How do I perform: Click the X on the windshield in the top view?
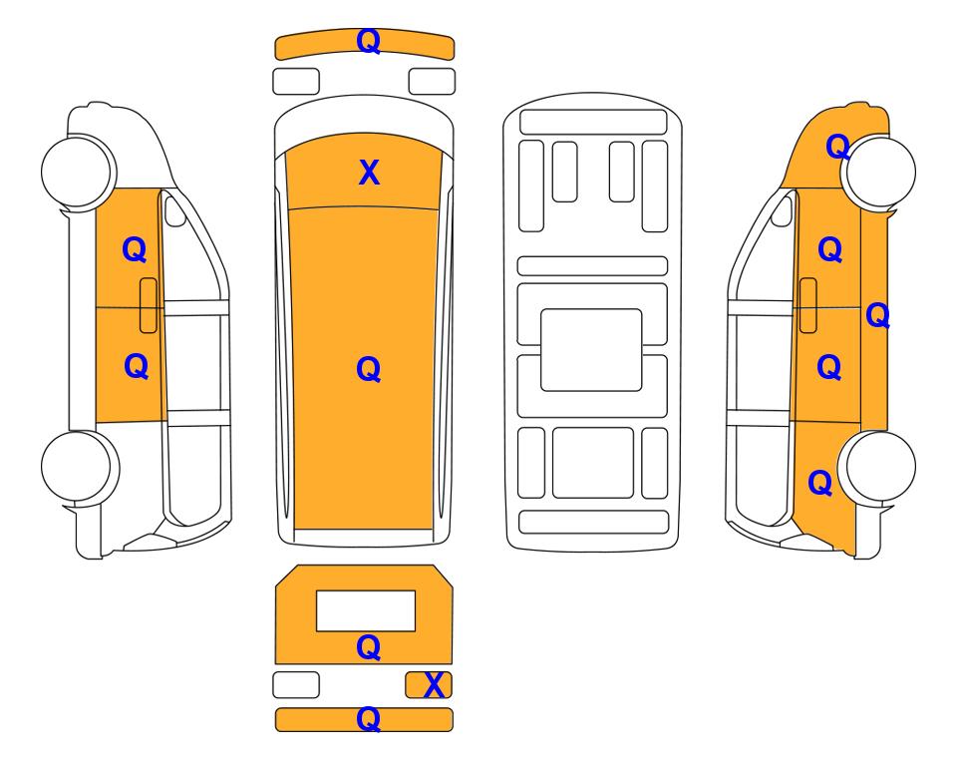coord(369,173)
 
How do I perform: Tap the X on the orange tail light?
coord(434,685)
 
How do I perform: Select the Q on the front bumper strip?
coord(369,41)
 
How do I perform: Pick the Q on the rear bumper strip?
coord(369,719)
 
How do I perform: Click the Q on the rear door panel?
coord(369,647)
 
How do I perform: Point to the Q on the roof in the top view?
coord(369,369)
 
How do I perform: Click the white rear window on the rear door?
coord(366,611)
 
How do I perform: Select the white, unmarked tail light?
coord(296,684)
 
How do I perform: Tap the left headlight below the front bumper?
coord(296,82)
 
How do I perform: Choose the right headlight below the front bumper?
coord(432,82)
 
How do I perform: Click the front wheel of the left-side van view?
coord(79,172)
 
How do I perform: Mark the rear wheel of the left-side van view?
coord(80,468)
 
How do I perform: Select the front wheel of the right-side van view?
coord(878,172)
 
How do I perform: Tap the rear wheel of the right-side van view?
coord(877,468)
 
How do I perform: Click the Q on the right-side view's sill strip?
coord(877,315)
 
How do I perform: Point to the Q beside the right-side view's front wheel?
coord(837,147)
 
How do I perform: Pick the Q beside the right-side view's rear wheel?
coord(819,483)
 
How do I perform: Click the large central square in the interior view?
coord(591,350)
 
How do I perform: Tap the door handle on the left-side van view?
coord(149,305)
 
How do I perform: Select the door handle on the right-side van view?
coord(808,305)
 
